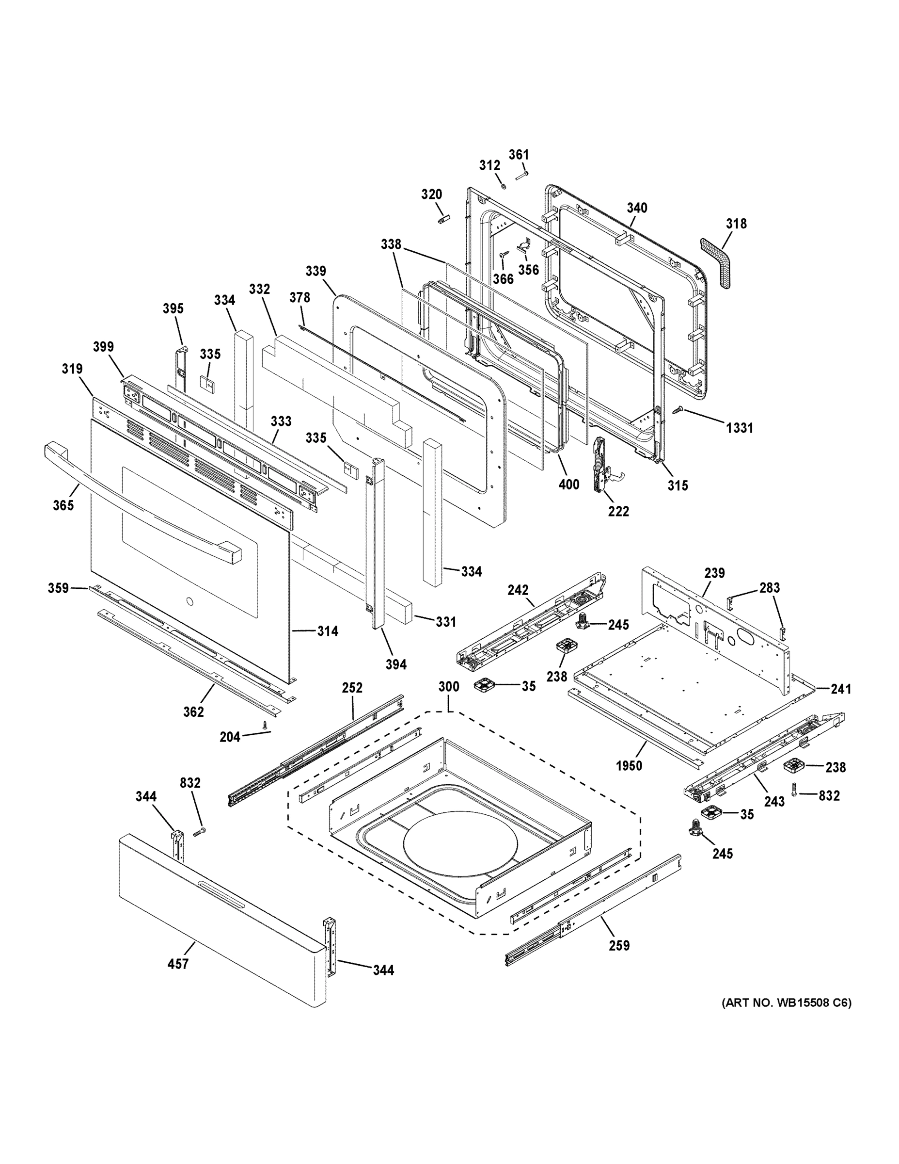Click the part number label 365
pos(63,505)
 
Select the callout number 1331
pos(740,427)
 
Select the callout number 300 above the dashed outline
pos(448,686)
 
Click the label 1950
pos(629,766)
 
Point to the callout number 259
pos(618,945)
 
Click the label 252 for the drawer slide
pos(352,688)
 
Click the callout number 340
pos(636,208)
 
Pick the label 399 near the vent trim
pos(103,347)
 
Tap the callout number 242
pos(518,590)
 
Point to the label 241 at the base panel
pos(841,689)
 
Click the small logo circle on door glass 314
pos(189,603)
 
